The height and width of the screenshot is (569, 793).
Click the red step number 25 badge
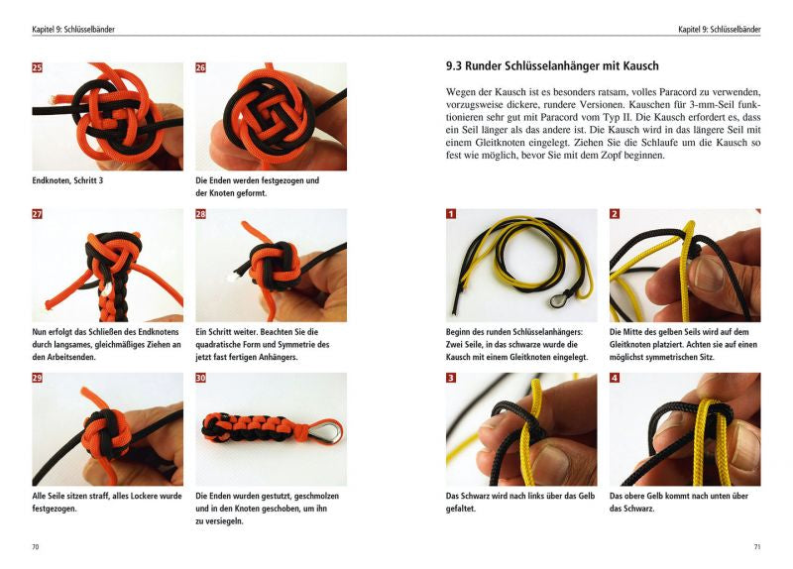38,68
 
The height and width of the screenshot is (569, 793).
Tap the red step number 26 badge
201,68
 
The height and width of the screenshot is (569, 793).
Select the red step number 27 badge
38,214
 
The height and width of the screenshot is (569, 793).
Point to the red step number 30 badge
201,379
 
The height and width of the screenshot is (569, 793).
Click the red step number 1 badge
451,214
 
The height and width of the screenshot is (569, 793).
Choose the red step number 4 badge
615,379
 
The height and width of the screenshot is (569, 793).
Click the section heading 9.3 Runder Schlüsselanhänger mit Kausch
552,67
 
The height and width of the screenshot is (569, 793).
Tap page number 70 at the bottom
36,546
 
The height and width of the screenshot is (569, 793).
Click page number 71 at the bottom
756,546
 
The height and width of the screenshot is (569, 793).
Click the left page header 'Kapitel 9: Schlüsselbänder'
73,30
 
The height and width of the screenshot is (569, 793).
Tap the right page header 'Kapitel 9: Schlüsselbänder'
719,30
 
